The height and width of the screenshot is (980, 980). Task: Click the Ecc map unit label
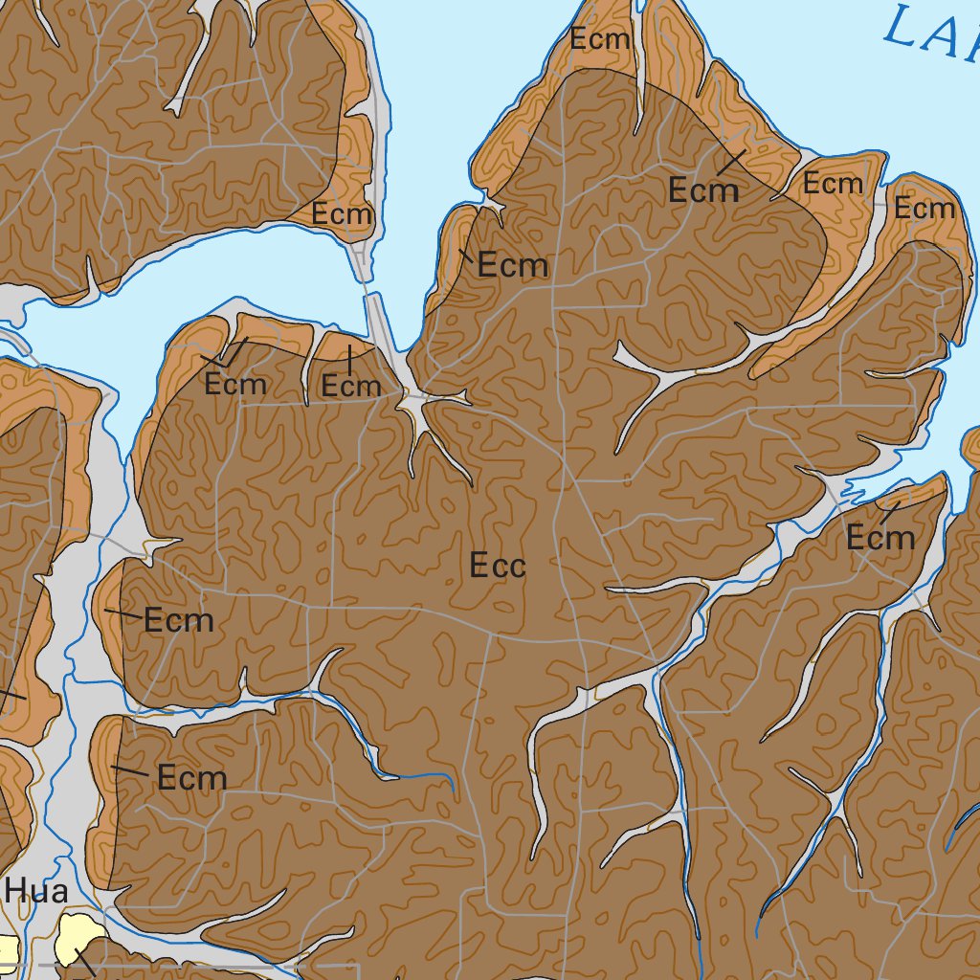click(x=498, y=567)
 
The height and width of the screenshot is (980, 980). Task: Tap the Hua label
click(x=35, y=892)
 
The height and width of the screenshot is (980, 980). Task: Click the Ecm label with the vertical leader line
click(x=350, y=387)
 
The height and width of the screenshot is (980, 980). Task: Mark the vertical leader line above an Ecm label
click(x=349, y=359)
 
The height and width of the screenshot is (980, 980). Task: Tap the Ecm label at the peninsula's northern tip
click(x=600, y=39)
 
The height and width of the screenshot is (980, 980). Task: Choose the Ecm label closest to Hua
click(x=191, y=778)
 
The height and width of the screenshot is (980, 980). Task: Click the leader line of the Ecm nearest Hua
click(x=129, y=769)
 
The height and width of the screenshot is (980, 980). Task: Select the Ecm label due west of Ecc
click(x=178, y=621)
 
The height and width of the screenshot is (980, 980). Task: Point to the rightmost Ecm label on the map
click(x=924, y=209)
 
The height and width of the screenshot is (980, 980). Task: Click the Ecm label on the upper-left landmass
click(x=341, y=214)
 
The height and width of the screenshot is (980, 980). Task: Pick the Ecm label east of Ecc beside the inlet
click(x=880, y=539)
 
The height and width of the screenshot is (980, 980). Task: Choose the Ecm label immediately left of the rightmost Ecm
click(x=833, y=183)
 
